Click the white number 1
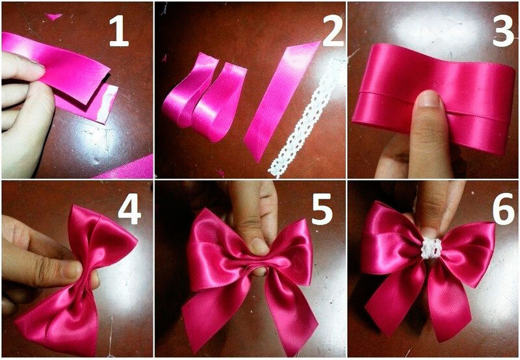pos(119,32)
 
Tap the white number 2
pos(333,32)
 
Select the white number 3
pos(503,32)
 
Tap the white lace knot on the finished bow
pos(431,249)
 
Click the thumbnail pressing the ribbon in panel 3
pos(428,99)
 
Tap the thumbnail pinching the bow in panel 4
pos(71,269)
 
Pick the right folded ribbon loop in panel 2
pos(219,103)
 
